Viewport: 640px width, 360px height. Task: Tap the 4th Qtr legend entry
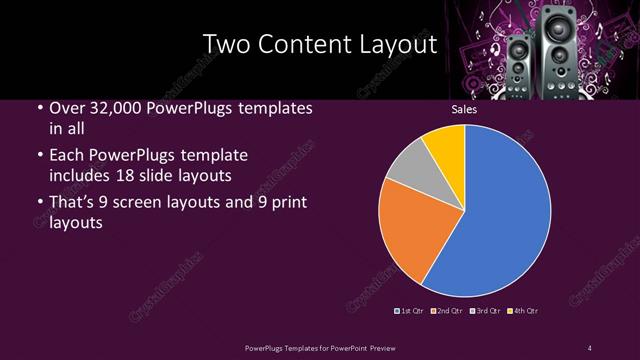524,311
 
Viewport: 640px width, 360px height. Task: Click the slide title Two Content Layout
320,45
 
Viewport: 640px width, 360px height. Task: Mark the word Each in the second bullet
66,155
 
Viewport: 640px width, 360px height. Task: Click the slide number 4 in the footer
590,347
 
